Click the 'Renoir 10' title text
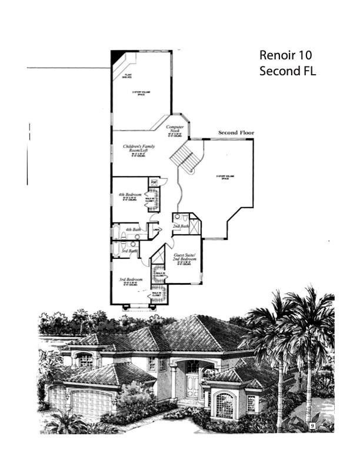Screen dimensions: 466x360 tap(285, 55)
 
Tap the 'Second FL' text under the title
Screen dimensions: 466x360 tap(288, 72)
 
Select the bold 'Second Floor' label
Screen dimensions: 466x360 tap(236, 133)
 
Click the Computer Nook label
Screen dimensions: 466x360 tap(175, 129)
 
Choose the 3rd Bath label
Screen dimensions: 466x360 tap(129, 251)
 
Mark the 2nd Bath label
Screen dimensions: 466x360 tap(181, 226)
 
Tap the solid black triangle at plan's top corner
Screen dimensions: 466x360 tap(118, 56)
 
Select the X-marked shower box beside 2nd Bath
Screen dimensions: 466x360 tap(195, 227)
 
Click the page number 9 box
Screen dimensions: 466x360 tap(312, 424)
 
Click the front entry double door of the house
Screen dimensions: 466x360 tap(192, 386)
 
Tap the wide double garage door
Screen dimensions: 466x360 tap(91, 403)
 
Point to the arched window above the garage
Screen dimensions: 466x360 tap(85, 360)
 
